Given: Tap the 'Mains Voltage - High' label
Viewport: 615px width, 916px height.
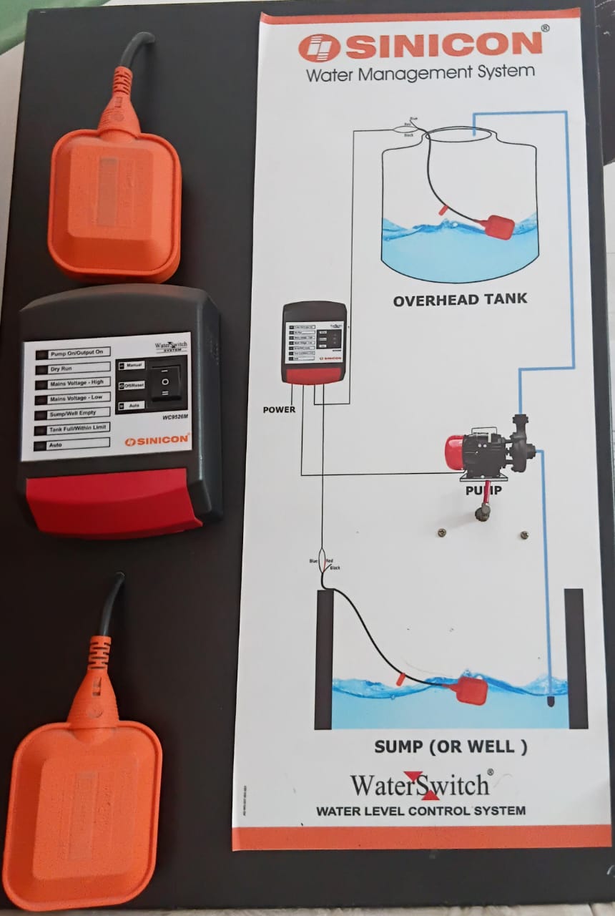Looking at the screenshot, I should tap(76, 382).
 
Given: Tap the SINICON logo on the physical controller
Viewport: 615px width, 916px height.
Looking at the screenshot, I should tap(157, 441).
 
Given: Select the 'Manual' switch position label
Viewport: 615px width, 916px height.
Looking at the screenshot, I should tap(134, 365).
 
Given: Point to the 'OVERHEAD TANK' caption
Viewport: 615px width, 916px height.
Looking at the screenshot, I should tap(460, 300).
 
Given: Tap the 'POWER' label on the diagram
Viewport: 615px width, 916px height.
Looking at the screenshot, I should tap(279, 410).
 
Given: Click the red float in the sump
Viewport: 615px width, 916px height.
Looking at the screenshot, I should tap(469, 690).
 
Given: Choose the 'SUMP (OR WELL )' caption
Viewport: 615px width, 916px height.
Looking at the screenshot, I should tap(451, 746).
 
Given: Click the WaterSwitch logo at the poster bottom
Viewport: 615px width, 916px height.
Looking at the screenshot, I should tap(421, 785).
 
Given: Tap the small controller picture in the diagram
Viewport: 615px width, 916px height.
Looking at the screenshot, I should tap(315, 342).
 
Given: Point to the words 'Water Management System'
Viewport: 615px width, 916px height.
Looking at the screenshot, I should tap(420, 72).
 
